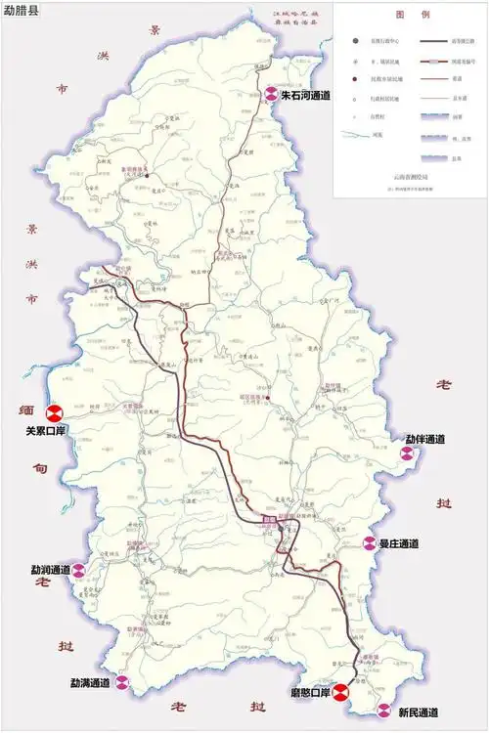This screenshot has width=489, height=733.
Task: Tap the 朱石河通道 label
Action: [x=305, y=96]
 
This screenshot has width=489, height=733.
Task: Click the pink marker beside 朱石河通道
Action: [x=271, y=96]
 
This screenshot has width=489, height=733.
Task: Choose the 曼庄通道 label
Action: [x=399, y=542]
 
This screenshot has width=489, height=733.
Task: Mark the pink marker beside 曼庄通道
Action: [x=369, y=543]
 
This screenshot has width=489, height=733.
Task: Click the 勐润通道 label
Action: [x=51, y=569]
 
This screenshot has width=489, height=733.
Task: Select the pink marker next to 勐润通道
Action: [x=81, y=571]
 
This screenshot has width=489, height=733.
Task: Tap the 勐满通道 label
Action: [x=90, y=682]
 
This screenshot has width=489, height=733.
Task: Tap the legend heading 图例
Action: [x=405, y=17]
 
